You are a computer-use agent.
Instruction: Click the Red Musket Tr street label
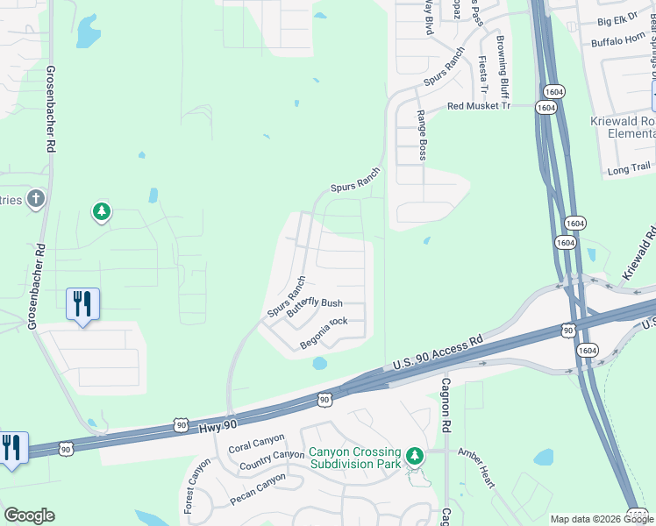[x=478, y=105]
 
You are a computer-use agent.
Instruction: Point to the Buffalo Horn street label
[x=618, y=40]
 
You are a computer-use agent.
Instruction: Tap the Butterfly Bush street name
[x=315, y=303]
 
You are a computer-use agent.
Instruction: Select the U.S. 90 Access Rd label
[x=438, y=352]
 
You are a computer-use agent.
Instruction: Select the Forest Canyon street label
[x=193, y=484]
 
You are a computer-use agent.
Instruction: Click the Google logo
[x=29, y=515]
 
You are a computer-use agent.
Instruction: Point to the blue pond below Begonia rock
[x=319, y=362]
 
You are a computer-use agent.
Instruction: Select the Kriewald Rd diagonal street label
[x=639, y=254]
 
